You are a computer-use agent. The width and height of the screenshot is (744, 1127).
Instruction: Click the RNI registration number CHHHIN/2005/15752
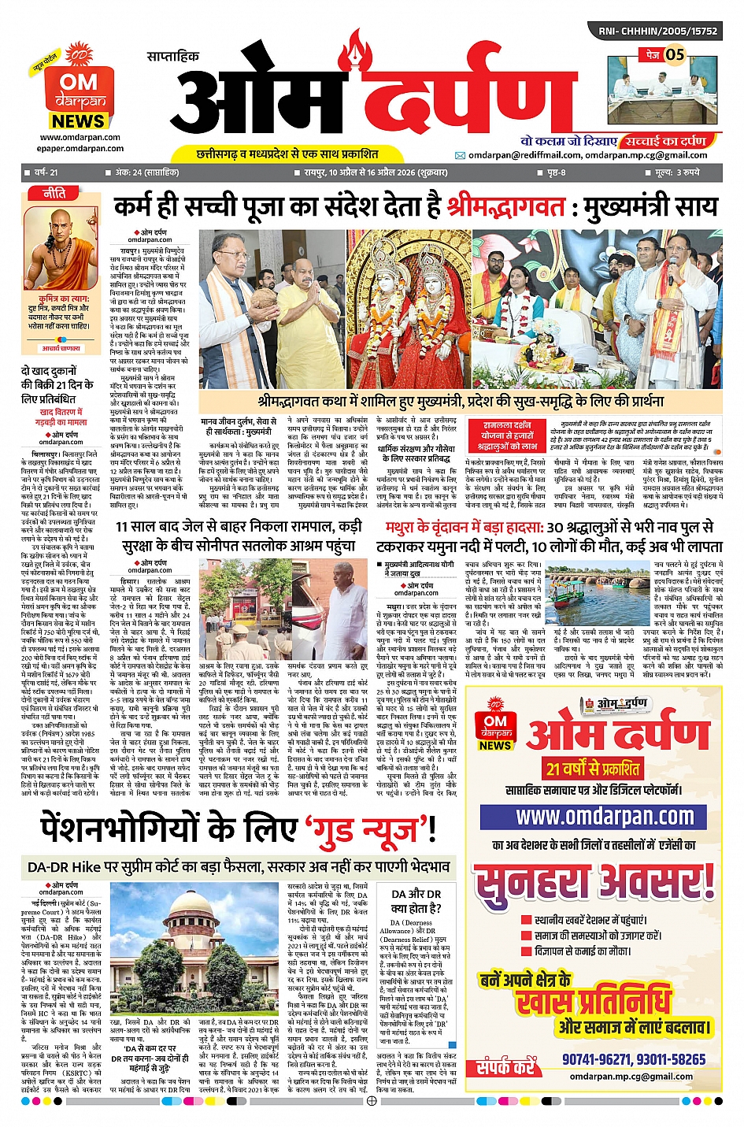(x=657, y=32)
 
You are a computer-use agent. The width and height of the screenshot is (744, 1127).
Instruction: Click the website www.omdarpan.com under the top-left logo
(x=80, y=137)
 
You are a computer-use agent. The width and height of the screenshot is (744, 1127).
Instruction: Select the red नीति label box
(x=54, y=194)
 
